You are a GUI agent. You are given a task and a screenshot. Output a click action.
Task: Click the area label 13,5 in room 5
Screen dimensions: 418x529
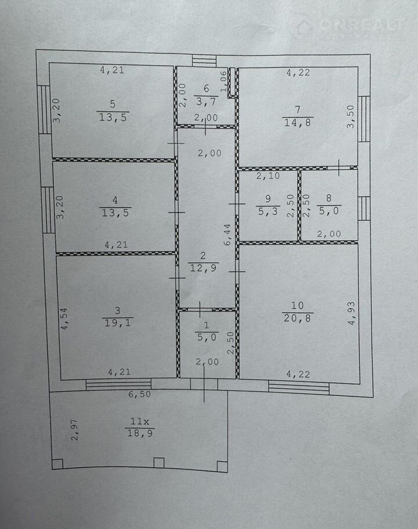pyautogui.click(x=113, y=117)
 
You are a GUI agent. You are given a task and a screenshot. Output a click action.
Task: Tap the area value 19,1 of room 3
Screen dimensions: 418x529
pyautogui.click(x=117, y=323)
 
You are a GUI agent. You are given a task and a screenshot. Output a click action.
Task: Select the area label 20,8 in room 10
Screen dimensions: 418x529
pyautogui.click(x=297, y=318)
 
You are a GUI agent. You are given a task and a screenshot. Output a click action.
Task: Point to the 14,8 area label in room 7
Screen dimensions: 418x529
pyautogui.click(x=297, y=123)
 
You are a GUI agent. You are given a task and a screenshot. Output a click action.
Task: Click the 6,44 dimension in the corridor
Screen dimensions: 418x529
pyautogui.click(x=228, y=234)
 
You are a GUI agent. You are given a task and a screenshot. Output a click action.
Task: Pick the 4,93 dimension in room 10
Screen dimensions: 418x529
pyautogui.click(x=351, y=313)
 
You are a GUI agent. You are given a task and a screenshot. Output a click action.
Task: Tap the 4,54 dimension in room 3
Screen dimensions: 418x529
pyautogui.click(x=63, y=318)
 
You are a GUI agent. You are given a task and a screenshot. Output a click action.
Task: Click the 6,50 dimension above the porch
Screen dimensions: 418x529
pyautogui.click(x=139, y=394)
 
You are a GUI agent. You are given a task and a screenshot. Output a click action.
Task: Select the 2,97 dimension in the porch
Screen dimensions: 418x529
pyautogui.click(x=74, y=430)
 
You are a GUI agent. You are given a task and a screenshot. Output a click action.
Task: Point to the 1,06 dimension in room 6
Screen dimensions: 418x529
pyautogui.click(x=224, y=81)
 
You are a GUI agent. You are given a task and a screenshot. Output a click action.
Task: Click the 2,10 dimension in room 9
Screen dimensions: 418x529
pyautogui.click(x=268, y=176)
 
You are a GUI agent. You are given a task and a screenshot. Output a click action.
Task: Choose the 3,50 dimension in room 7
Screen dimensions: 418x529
pyautogui.click(x=351, y=117)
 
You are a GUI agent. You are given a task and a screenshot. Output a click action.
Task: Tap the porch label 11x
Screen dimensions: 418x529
pyautogui.click(x=139, y=421)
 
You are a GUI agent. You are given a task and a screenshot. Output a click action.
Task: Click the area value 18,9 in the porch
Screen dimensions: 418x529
pyautogui.click(x=140, y=433)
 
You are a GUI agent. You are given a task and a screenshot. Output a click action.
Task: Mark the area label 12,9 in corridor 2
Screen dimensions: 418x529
pyautogui.click(x=203, y=268)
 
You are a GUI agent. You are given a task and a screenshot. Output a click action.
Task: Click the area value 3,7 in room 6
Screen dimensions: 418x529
pyautogui.click(x=206, y=101)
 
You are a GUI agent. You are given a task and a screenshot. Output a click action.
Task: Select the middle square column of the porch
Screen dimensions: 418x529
pyautogui.click(x=158, y=463)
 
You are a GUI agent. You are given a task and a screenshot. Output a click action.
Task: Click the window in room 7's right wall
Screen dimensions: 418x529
pyautogui.click(x=364, y=119)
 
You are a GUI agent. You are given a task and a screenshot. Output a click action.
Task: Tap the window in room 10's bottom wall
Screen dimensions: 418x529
pyautogui.click(x=299, y=387)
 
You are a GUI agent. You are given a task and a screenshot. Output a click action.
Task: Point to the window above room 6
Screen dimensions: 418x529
pyautogui.click(x=204, y=60)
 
